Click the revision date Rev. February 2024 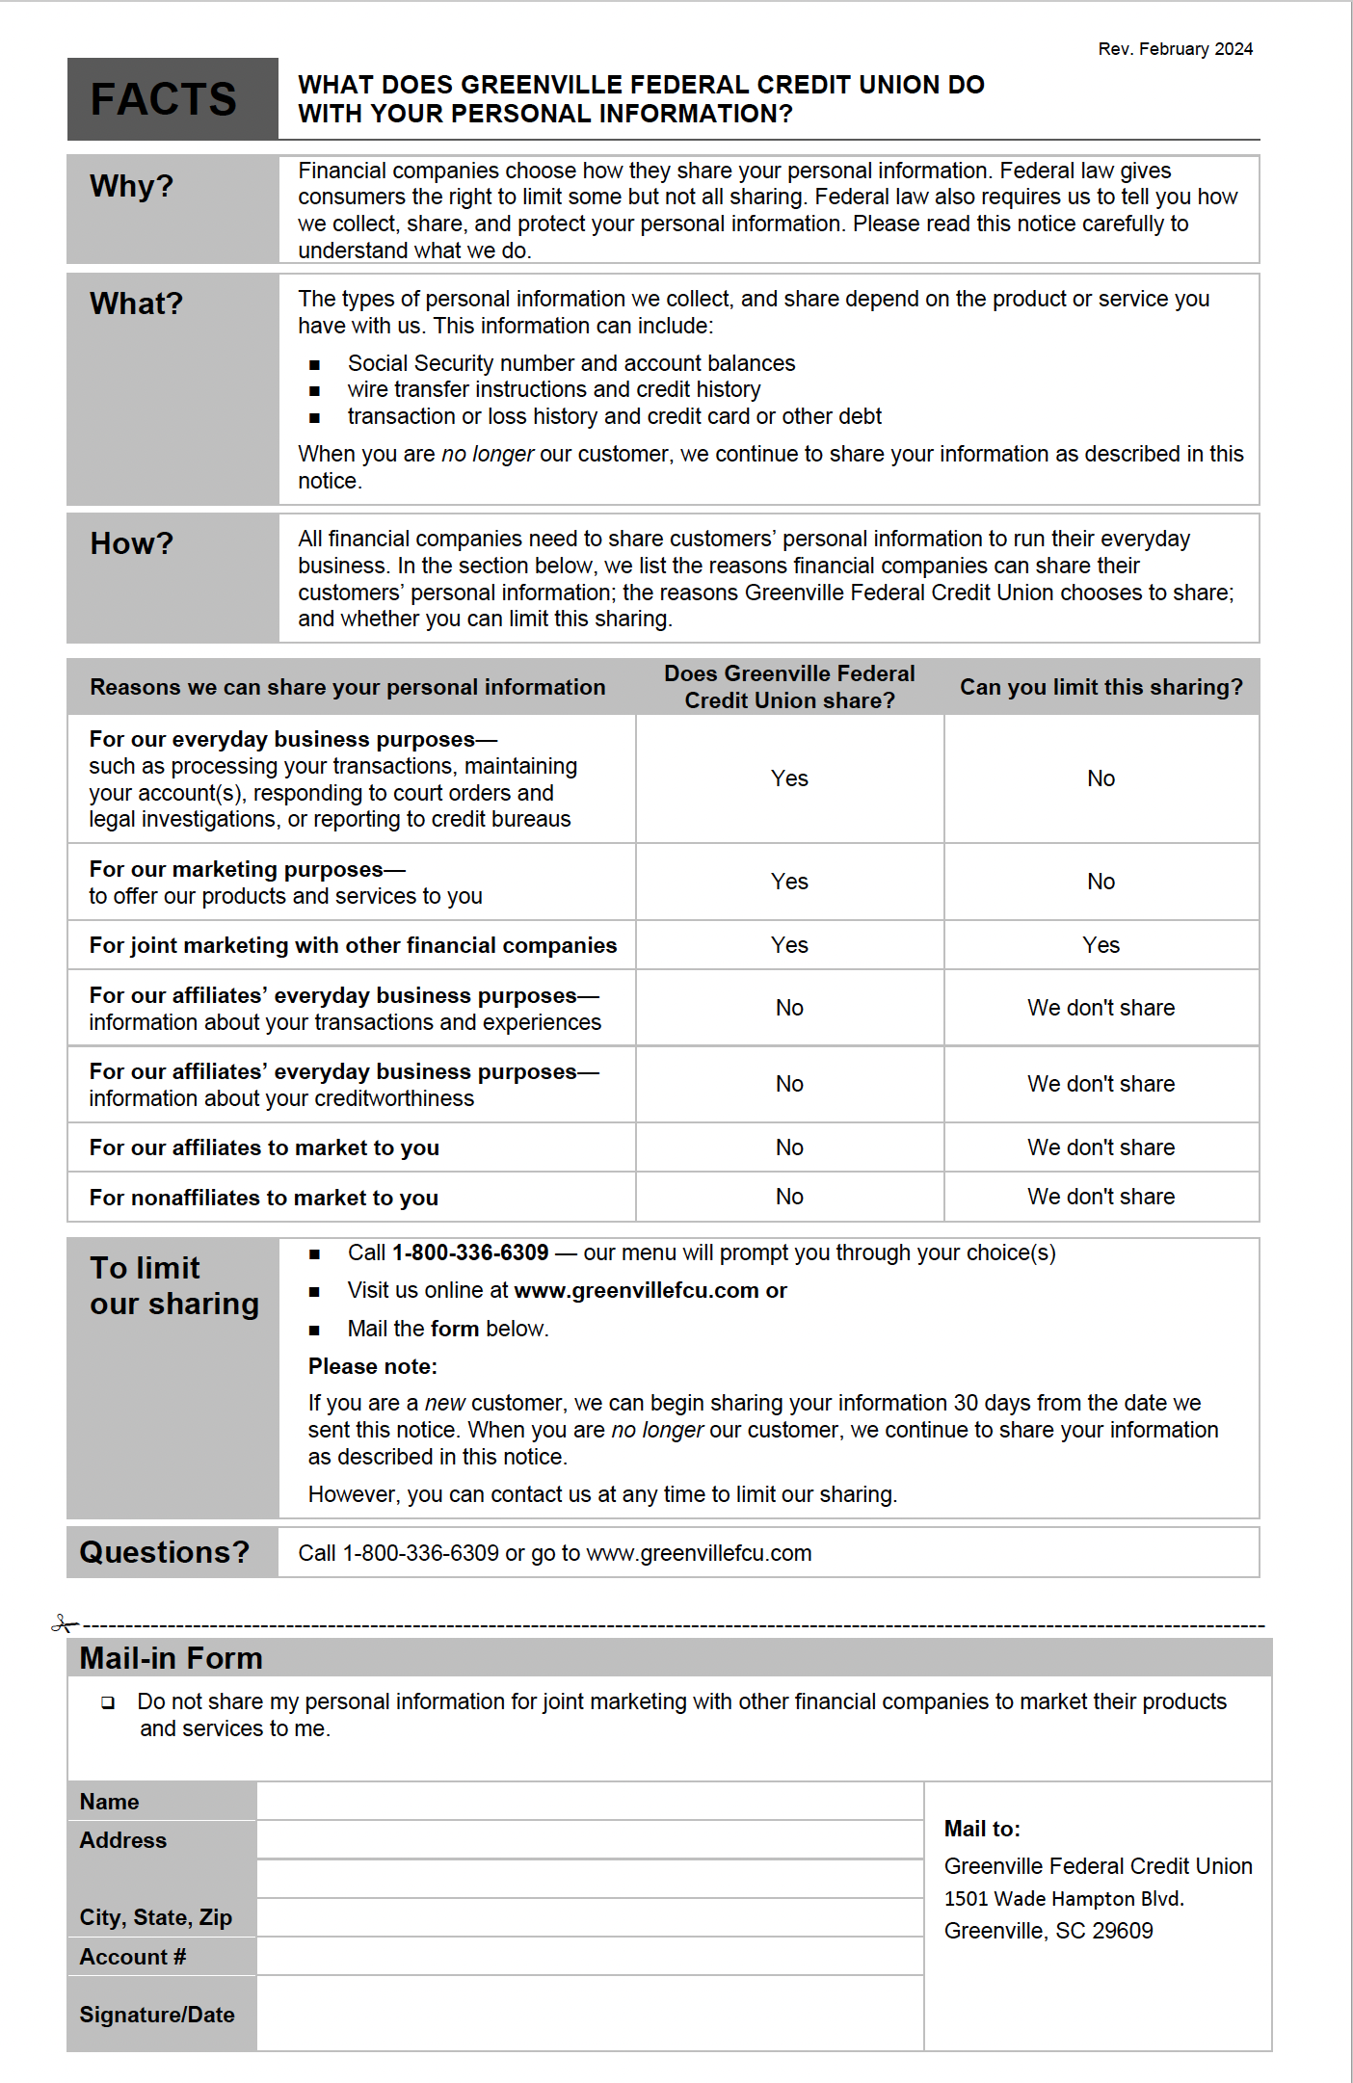[x=1175, y=49]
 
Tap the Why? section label [x=131, y=186]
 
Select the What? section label [x=136, y=304]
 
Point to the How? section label [x=131, y=544]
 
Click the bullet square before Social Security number [x=314, y=365]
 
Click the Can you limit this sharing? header [x=1101, y=687]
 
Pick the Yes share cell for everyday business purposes [x=789, y=778]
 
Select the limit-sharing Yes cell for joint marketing [x=1101, y=945]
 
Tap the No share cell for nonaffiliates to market [x=789, y=1197]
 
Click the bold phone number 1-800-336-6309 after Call [x=470, y=1252]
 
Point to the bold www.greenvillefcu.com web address [x=636, y=1291]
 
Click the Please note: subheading [x=373, y=1366]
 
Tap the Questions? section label [x=165, y=1552]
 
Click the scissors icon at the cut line [x=64, y=1624]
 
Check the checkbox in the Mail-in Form [x=108, y=1702]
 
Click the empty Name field [x=589, y=1801]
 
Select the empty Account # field [x=589, y=1957]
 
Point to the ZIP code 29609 [x=1123, y=1931]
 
